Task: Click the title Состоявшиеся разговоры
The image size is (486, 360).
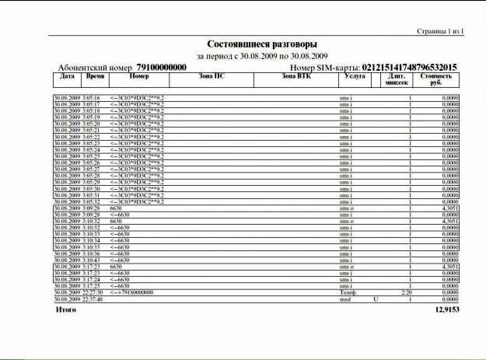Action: click(262, 44)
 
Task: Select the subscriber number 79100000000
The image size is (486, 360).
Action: click(162, 68)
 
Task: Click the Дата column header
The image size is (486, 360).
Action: click(67, 77)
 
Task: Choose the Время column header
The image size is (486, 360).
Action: click(95, 77)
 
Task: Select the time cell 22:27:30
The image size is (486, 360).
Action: click(90, 292)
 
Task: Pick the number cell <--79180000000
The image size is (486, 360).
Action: click(132, 292)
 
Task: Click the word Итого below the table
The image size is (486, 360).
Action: click(66, 309)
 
